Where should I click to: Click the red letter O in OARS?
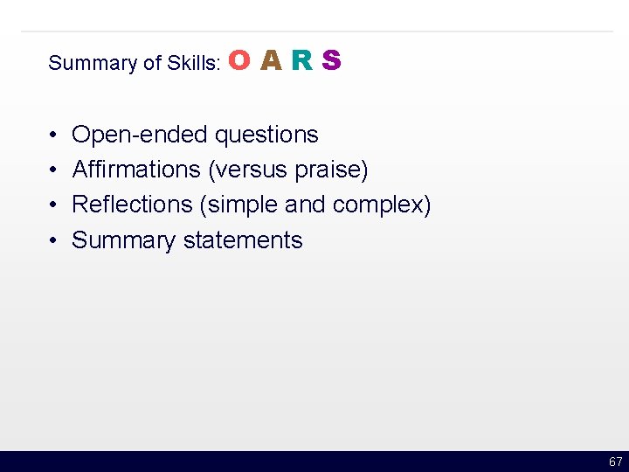[241, 60]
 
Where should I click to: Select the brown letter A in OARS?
[272, 60]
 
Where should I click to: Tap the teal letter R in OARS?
[301, 60]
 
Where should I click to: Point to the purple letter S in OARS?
[331, 60]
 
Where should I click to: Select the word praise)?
[331, 169]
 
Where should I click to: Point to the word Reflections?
[132, 204]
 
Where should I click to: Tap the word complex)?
[382, 205]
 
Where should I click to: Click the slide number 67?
[615, 462]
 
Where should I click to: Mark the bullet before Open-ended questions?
[53, 135]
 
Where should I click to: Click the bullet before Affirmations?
[53, 170]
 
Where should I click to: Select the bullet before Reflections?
[53, 205]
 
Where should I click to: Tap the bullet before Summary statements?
[53, 240]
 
